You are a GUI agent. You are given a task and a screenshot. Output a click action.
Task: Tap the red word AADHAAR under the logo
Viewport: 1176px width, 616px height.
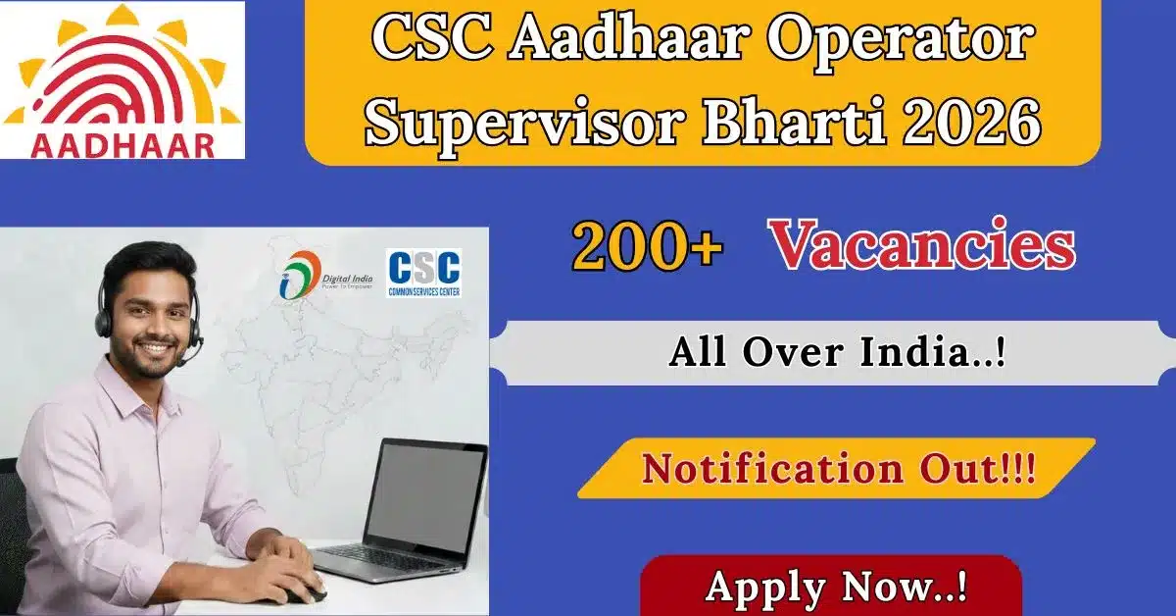122,144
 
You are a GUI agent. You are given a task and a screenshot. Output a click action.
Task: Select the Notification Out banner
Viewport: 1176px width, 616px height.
838,469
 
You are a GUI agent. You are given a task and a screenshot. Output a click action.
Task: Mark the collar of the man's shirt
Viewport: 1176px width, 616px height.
147,392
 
